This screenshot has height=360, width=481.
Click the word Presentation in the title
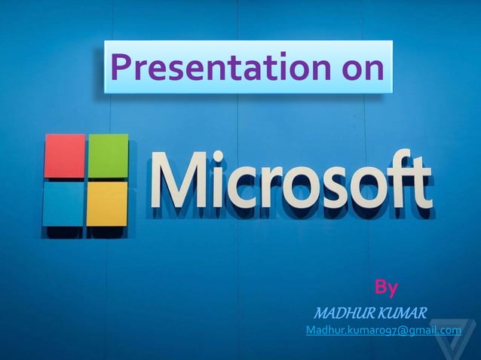point(213,69)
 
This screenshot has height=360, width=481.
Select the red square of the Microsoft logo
point(64,157)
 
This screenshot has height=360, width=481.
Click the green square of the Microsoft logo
point(109,156)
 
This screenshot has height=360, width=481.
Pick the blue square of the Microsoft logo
point(63,204)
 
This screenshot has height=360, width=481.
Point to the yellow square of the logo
point(107,203)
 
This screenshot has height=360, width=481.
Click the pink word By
point(386,287)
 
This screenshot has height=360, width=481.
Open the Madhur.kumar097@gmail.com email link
point(383,331)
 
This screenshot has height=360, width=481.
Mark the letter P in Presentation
point(121,68)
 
